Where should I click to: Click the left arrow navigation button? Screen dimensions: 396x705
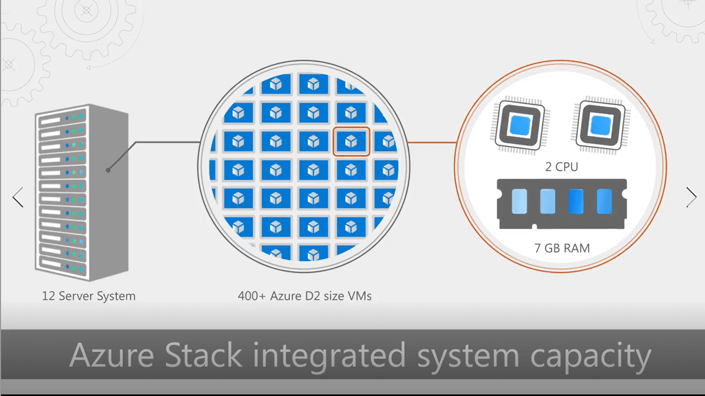click(x=18, y=197)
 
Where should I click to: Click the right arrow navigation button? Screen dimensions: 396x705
click(x=691, y=197)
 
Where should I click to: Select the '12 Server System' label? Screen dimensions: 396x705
click(x=89, y=296)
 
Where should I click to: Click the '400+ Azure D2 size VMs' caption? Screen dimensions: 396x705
click(x=305, y=296)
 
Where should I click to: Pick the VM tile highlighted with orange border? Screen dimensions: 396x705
click(x=351, y=141)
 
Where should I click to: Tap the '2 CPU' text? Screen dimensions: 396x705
click(x=562, y=167)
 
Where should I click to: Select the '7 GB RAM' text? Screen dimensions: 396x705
click(x=562, y=248)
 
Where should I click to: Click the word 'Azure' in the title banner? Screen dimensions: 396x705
click(x=111, y=356)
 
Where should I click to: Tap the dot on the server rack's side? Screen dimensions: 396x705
click(x=108, y=170)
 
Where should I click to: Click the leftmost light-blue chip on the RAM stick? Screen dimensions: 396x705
click(x=520, y=201)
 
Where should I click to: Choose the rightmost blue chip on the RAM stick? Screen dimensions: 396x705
click(x=604, y=201)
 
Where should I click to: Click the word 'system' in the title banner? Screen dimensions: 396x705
click(x=468, y=356)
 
